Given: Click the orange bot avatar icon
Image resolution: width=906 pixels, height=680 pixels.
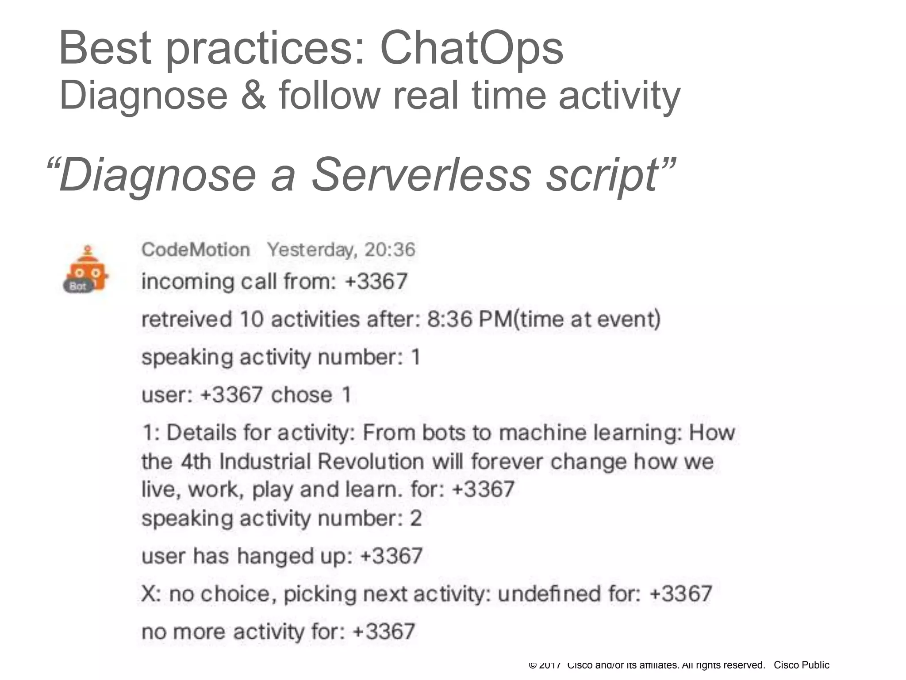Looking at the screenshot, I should (87, 270).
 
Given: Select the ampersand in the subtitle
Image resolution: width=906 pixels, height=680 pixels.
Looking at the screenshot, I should (254, 95).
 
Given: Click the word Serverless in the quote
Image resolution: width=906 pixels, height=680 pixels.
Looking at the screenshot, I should (421, 174).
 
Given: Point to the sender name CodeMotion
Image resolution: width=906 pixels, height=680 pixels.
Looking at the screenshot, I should (196, 250).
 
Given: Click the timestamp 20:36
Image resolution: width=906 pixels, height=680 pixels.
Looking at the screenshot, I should (390, 250).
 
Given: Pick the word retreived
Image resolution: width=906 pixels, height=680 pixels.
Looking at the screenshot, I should (186, 319).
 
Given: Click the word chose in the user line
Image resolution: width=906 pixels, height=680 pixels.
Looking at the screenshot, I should (301, 395).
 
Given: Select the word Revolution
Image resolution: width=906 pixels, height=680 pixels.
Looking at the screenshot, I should (371, 462).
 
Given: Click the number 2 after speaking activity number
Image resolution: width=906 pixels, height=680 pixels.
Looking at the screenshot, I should (415, 518).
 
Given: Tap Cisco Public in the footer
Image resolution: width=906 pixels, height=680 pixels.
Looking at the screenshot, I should (801, 665).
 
